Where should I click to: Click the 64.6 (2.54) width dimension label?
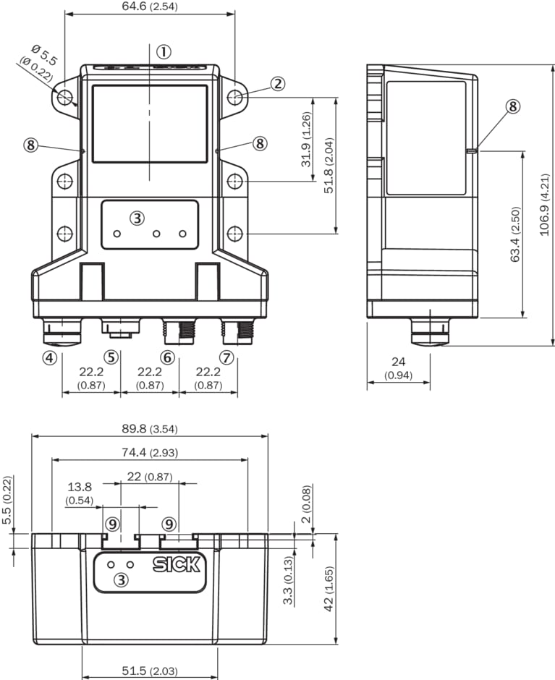pos(150,7)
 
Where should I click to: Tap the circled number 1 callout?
pos(164,52)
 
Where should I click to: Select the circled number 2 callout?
pos(278,83)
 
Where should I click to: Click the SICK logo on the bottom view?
pos(176,564)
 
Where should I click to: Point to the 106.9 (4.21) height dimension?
pos(545,205)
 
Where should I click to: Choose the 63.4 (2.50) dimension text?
pos(515,234)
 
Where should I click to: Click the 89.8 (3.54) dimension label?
pos(150,429)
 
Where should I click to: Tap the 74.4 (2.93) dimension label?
pos(150,452)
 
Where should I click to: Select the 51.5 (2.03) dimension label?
pos(150,671)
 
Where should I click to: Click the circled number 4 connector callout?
pos(49,358)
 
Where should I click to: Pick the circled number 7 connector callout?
pos(226,358)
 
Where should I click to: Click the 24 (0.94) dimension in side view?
pos(399,367)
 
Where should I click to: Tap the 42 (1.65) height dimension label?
pos(329,589)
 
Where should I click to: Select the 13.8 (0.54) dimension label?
pos(80,493)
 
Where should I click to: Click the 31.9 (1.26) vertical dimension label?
pos(306,140)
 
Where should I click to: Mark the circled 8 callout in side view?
pos(513,106)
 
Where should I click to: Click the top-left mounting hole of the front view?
pos(64,97)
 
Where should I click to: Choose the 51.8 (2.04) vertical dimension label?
pos(329,165)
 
